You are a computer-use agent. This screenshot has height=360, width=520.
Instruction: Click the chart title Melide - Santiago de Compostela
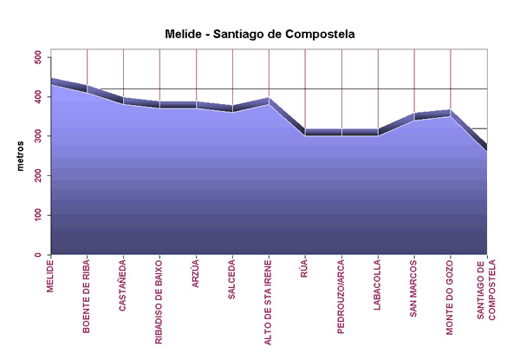(259, 34)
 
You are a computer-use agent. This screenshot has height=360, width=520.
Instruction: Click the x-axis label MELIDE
(51, 277)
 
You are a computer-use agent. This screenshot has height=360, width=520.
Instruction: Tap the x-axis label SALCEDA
(232, 278)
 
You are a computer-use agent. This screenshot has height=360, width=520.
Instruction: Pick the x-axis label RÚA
(305, 269)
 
